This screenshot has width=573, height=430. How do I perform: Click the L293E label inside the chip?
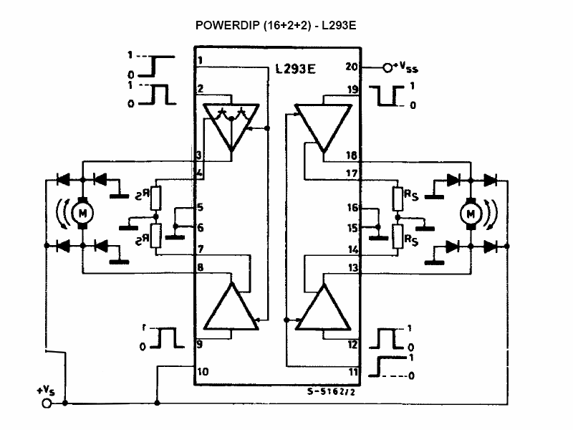coord(296,70)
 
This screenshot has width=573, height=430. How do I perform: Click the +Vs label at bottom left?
coord(45,391)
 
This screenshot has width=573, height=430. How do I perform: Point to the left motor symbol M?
coord(82,212)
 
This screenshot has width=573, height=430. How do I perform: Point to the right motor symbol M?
coord(471,213)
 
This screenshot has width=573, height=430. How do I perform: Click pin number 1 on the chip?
coord(201,60)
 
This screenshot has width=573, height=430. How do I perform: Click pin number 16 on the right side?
coord(352,208)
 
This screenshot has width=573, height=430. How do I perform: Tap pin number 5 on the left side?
coord(201,208)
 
